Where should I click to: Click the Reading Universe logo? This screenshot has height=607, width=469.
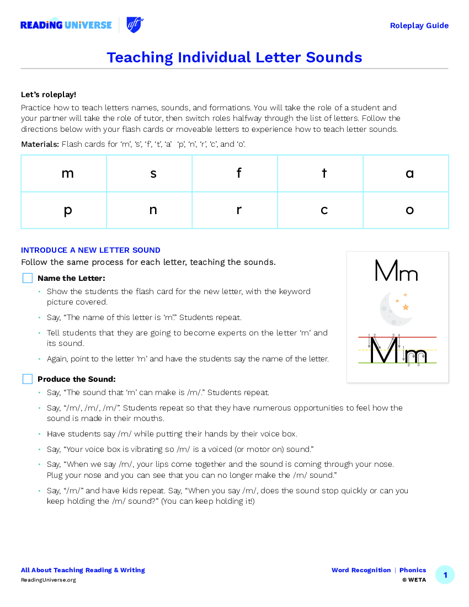tap(66, 25)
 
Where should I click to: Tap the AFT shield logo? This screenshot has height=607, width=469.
tap(135, 25)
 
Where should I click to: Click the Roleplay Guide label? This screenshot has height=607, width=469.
tap(419, 25)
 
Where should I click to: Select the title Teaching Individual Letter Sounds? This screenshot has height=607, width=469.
tap(234, 57)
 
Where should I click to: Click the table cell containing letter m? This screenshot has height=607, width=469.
tap(64, 173)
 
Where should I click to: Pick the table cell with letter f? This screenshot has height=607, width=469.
tap(235, 173)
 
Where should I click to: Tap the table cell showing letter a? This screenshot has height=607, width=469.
tap(406, 173)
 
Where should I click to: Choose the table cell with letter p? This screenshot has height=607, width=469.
tap(64, 210)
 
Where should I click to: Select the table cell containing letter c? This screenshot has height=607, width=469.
tap(321, 210)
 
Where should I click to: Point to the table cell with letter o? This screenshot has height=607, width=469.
tap(406, 210)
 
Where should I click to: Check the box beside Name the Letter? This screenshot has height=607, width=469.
tap(28, 278)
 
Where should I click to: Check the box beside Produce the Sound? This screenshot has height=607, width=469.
tap(28, 379)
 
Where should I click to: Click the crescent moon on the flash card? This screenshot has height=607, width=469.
tap(395, 309)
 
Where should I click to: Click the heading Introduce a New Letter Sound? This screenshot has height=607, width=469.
tap(90, 250)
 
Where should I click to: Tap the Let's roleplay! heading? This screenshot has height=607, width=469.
tap(49, 94)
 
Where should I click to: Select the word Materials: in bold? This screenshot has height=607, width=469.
tap(40, 144)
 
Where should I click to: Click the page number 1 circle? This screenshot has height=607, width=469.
tap(445, 575)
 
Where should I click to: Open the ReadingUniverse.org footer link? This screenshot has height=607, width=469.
tap(49, 580)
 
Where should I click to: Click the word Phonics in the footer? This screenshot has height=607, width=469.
tap(413, 570)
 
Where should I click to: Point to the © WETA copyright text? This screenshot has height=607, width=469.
tap(414, 580)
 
